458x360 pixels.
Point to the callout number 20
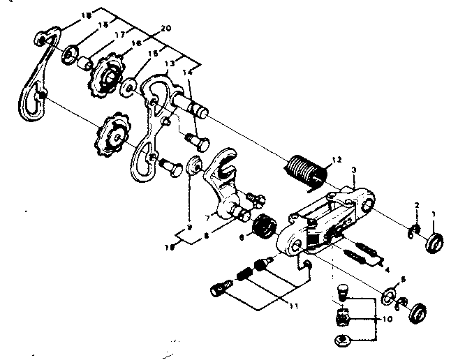165,29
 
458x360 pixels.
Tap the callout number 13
168,63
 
